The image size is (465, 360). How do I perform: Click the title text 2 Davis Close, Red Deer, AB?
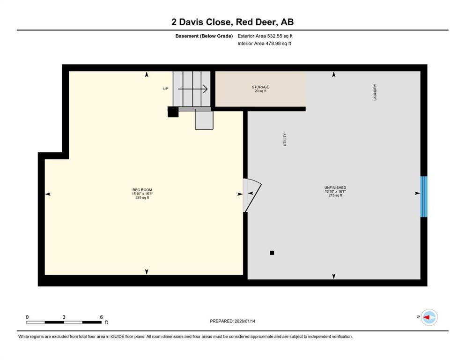232,22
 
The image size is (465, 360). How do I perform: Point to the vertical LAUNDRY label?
376,92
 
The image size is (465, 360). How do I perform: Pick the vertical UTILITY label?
285,140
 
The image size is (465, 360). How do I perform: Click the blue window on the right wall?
424,196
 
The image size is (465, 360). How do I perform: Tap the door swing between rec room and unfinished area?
251,195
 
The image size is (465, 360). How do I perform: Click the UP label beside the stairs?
165,89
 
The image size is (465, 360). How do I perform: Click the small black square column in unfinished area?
272,253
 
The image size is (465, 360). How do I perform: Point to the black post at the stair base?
173,112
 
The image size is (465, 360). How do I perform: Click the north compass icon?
428,317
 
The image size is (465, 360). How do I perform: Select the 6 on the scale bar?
101,317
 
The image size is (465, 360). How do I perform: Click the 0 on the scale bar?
27,317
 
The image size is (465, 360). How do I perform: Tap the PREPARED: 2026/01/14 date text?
232,321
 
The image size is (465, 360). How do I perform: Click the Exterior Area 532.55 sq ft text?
266,36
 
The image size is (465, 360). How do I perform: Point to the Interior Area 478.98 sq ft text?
265,44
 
